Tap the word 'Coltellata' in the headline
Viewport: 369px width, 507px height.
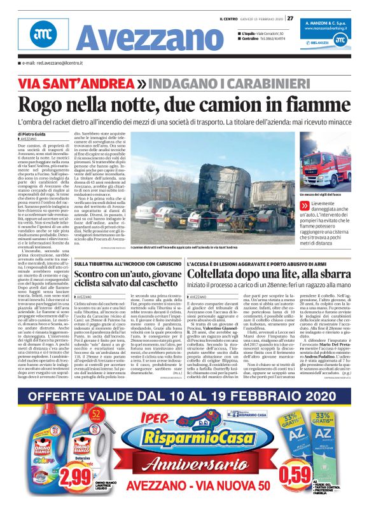click(x=226, y=274)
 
